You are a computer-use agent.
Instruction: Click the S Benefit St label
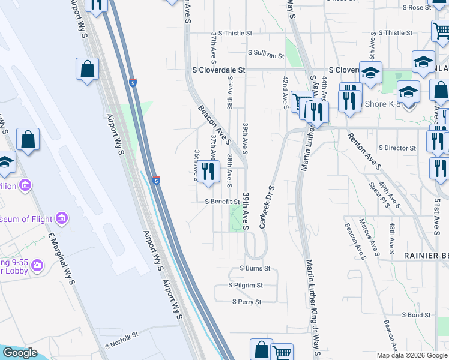pos(223,202)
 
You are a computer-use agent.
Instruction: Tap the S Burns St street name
pos(255,268)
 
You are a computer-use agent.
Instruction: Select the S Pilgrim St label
pos(246,286)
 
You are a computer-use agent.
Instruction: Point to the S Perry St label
pos(247,302)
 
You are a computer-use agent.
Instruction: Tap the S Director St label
pos(397,148)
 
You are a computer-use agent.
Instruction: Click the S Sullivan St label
pos(265,55)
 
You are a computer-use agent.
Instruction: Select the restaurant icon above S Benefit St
pos(208,172)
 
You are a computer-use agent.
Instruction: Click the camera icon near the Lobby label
pos(37,265)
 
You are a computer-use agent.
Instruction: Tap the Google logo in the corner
pos(20,353)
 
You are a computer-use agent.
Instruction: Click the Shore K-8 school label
pos(380,104)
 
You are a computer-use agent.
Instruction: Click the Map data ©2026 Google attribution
pos(411,355)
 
